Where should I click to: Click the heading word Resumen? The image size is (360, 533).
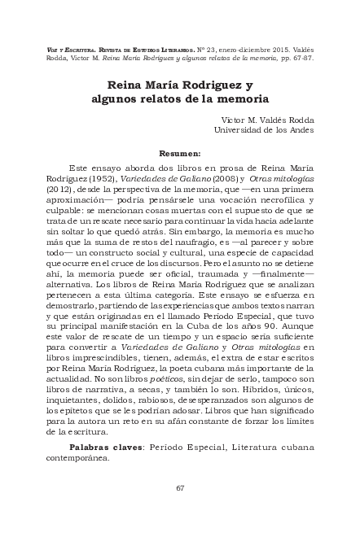click(180, 152)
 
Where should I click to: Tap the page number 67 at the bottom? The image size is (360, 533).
click(180, 488)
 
